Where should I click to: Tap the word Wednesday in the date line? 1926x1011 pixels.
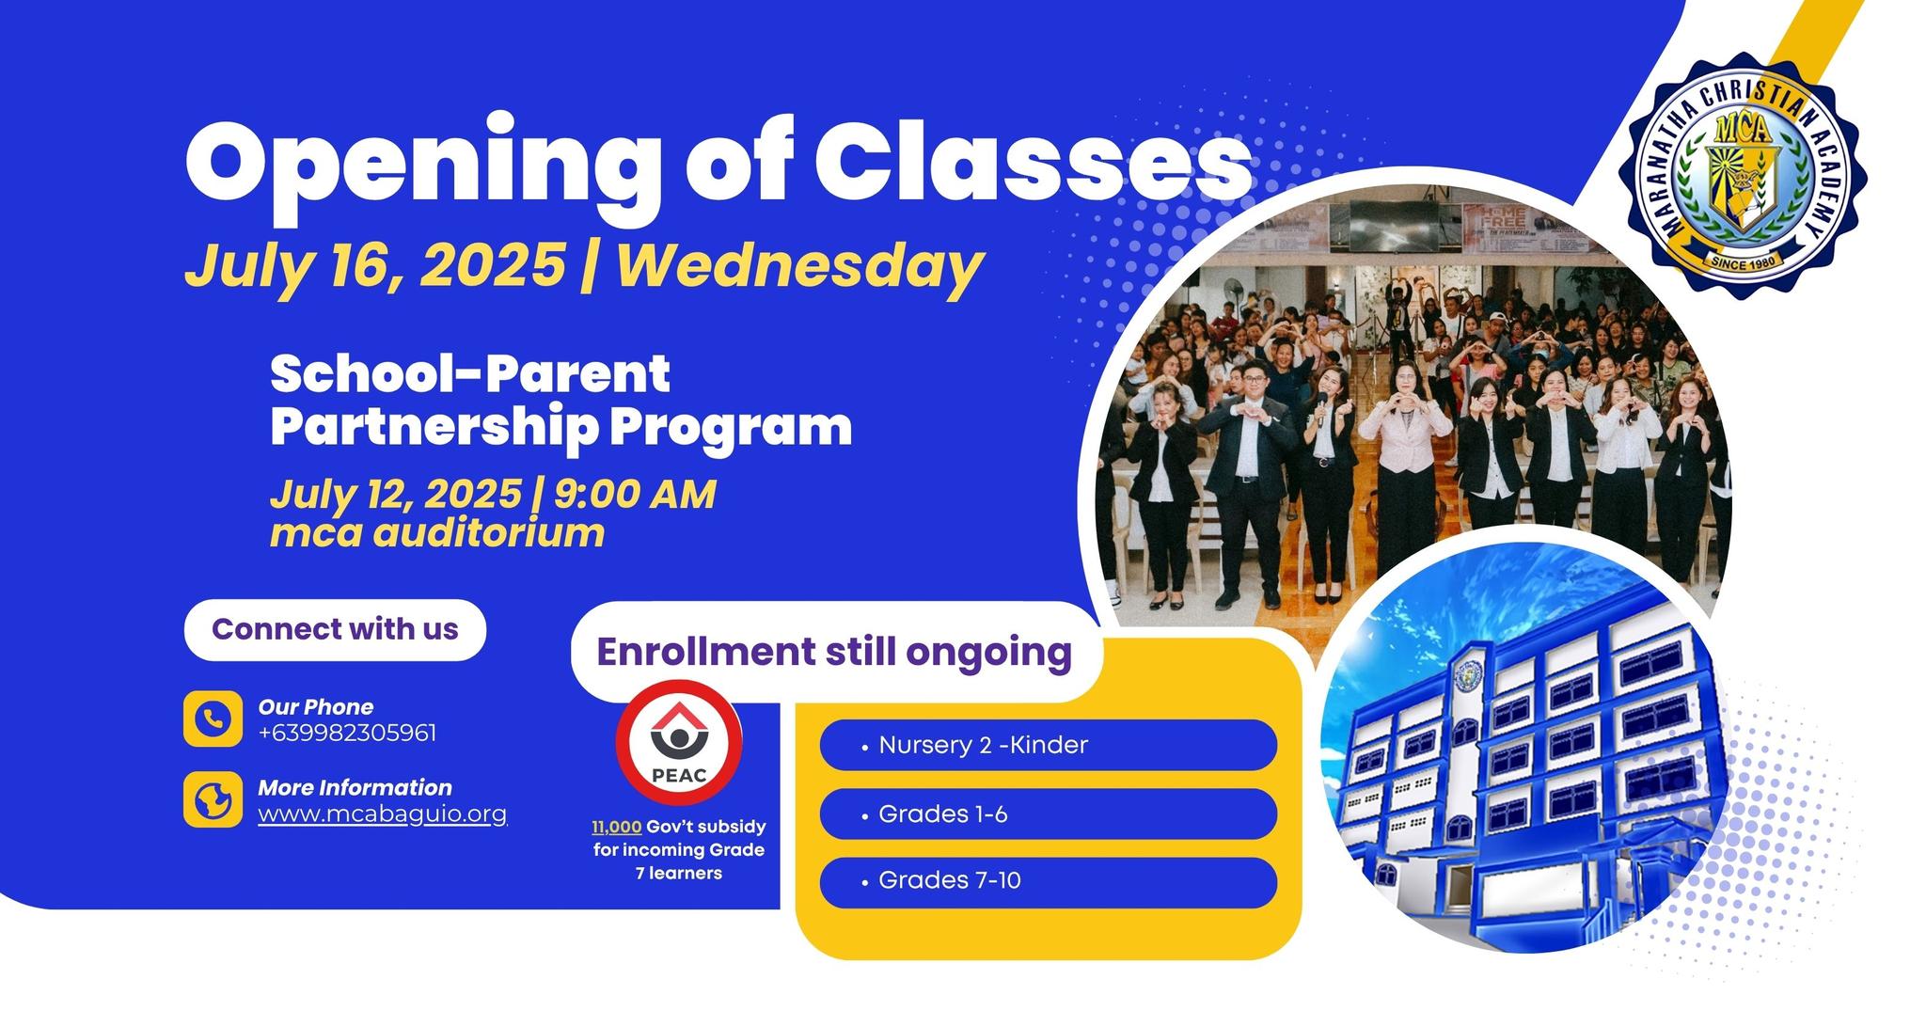click(800, 266)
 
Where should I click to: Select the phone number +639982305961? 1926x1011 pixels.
click(347, 733)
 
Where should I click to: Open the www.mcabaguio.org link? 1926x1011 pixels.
click(383, 814)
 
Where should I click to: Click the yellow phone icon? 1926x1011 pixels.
click(213, 719)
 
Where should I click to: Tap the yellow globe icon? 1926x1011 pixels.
click(213, 799)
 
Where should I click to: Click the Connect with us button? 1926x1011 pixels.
click(335, 629)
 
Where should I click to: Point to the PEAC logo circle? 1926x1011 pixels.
click(679, 744)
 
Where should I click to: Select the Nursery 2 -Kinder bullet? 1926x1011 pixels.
click(1049, 745)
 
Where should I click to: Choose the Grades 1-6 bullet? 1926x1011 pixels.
click(1049, 814)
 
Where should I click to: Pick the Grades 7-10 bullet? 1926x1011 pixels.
click(1049, 881)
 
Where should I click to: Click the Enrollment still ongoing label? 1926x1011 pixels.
click(835, 652)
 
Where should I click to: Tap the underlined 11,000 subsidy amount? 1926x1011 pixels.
click(617, 827)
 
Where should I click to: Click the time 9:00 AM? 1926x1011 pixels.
click(635, 494)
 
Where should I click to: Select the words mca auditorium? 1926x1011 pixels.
click(437, 533)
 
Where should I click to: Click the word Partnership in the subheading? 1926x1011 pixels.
click(434, 428)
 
